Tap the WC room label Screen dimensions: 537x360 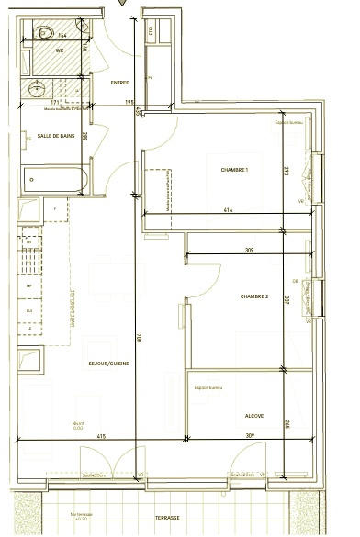click(x=59, y=50)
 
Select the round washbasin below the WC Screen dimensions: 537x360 click(x=38, y=89)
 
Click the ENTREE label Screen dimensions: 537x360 click(x=119, y=83)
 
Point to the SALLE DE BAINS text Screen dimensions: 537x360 click(x=55, y=134)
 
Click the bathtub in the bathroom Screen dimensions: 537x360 click(x=55, y=177)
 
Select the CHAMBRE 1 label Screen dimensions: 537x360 click(x=235, y=170)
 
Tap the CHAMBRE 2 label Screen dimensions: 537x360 click(x=254, y=296)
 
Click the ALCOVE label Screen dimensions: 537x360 click(x=254, y=416)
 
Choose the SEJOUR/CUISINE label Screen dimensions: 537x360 click(x=107, y=364)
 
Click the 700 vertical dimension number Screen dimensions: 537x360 click(x=139, y=338)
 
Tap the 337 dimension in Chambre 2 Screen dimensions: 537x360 click(x=287, y=299)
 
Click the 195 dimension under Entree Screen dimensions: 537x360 click(x=129, y=103)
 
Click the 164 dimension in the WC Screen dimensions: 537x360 click(x=75, y=38)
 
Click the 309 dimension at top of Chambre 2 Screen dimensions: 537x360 click(x=248, y=251)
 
